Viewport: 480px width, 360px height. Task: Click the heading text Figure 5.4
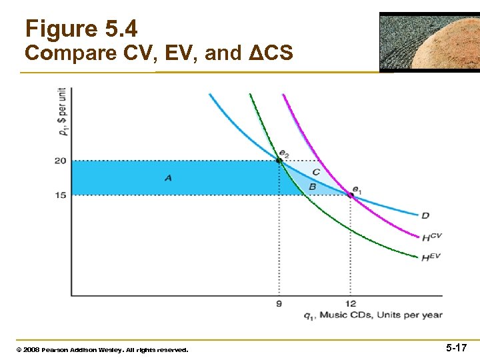(x=81, y=29)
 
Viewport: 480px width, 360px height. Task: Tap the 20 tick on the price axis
(x=60, y=161)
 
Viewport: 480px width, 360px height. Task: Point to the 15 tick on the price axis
(x=60, y=195)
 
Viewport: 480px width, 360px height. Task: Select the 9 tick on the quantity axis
(x=279, y=304)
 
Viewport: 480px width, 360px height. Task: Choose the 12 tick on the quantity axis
(x=350, y=304)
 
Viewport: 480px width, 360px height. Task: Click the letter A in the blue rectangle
(x=168, y=177)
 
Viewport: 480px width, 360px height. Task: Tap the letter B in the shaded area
(x=312, y=187)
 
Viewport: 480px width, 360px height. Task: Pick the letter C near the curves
(x=316, y=172)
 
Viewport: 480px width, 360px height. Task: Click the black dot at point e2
(x=279, y=161)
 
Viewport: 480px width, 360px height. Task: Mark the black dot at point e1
(x=350, y=195)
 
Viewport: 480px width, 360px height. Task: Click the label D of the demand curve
(x=425, y=215)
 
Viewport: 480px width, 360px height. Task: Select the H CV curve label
(x=431, y=237)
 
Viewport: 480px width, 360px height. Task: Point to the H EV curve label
(x=431, y=257)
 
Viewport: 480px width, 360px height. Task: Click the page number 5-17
(x=456, y=348)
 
